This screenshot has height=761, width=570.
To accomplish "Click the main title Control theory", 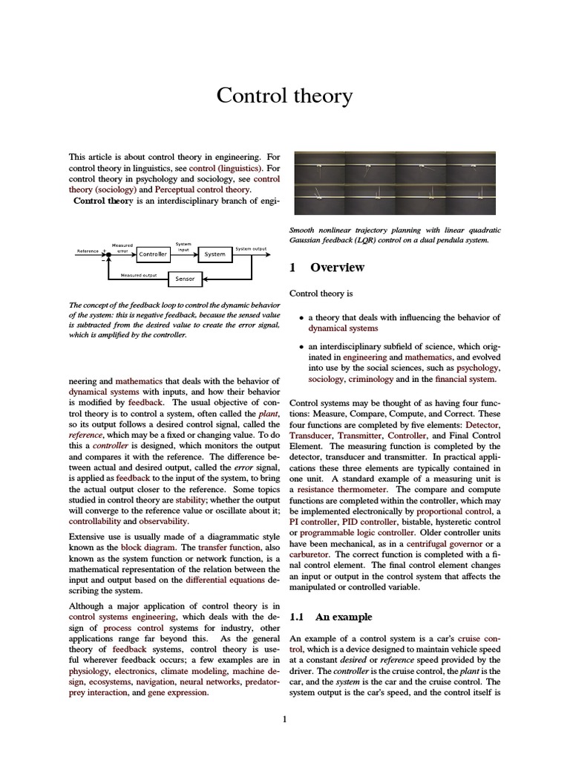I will [x=285, y=96].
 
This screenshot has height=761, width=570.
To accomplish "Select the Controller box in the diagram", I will [x=152, y=254].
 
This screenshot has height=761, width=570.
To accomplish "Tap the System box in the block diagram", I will [x=214, y=254].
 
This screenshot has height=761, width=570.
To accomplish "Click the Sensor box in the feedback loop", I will [x=184, y=279].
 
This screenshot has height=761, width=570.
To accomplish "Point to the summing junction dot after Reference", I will [x=108, y=254].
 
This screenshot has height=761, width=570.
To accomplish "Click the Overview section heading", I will [x=337, y=268].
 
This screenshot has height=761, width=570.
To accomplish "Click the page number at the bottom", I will [x=284, y=719].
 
